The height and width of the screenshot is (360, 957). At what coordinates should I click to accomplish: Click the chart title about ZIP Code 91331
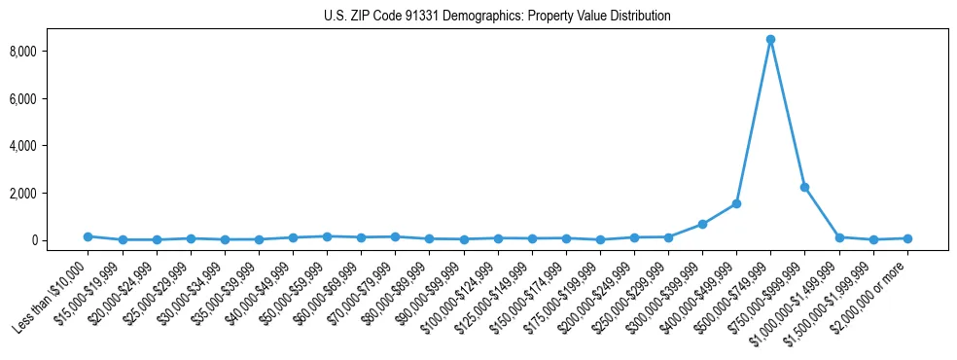pos(497,16)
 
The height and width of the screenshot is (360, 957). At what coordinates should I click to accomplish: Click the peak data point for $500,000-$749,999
pos(770,40)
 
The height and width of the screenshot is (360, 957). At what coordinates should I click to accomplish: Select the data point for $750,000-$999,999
pos(804,187)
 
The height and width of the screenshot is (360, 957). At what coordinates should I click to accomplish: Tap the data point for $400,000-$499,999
pos(736,203)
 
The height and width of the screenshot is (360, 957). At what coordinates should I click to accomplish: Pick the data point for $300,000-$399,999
pos(702,224)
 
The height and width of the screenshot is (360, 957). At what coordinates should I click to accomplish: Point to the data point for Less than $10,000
pos(88,236)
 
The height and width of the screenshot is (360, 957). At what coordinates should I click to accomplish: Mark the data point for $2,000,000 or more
pos(907,238)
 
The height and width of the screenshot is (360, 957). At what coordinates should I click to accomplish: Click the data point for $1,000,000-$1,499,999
pos(839,237)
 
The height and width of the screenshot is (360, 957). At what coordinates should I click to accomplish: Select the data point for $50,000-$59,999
pos(327,236)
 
